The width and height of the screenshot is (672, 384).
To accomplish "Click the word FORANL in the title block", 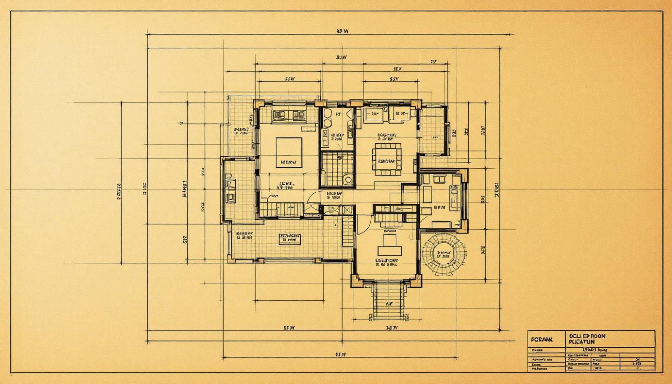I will [x=542, y=339].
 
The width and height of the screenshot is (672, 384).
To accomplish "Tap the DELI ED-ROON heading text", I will [x=587, y=336].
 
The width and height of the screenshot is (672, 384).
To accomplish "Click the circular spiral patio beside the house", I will [x=444, y=254].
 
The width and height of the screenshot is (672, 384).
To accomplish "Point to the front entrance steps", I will [x=388, y=300].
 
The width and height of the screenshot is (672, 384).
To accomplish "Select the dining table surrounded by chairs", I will [x=387, y=158].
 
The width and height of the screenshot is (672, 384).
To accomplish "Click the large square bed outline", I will [x=289, y=152].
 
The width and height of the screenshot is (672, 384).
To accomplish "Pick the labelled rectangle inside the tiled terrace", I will [x=290, y=238].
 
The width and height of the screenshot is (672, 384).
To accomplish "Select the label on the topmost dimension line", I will [x=342, y=31].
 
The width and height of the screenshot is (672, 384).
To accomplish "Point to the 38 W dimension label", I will [x=392, y=329].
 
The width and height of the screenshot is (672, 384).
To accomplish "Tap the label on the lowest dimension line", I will [x=341, y=354].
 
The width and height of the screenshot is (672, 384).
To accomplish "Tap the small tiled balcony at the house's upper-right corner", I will [x=433, y=130].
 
